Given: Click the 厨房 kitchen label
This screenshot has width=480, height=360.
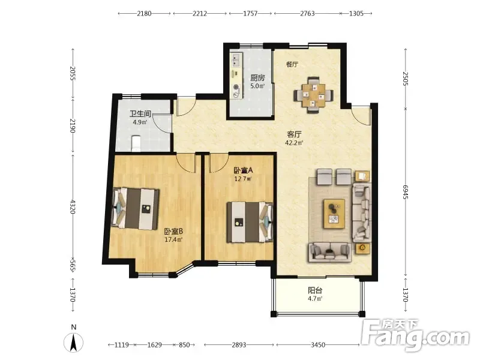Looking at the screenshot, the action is click(x=257, y=78).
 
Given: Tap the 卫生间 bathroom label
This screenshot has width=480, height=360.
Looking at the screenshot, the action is click(x=140, y=114).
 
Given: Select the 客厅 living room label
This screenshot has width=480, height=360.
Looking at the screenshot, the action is click(x=294, y=134).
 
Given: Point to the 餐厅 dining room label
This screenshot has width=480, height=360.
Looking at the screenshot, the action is click(x=292, y=64).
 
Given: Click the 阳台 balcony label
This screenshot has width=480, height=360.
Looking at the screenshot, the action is click(x=315, y=290).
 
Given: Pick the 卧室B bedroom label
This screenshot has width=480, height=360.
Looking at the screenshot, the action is click(x=173, y=232).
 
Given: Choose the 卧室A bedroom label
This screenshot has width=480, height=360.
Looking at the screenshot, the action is click(x=243, y=170).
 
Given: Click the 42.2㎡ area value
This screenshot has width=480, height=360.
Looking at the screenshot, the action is click(x=294, y=143).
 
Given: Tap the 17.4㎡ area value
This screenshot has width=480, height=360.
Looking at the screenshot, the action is click(x=173, y=239).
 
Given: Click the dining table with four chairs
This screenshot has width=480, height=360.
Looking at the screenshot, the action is click(x=313, y=95).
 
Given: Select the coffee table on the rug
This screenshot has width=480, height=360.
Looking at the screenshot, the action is click(x=334, y=214).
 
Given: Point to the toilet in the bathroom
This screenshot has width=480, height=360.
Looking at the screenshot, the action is click(x=136, y=143).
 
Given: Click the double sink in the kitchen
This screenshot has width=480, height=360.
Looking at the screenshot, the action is click(x=236, y=60).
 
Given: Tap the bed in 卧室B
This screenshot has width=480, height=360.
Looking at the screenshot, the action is click(x=136, y=209).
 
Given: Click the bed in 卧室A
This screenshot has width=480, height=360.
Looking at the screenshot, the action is click(x=250, y=222).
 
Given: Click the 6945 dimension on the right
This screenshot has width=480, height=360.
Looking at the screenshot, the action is click(x=406, y=192).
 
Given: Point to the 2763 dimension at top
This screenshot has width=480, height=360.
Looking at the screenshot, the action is click(x=307, y=13).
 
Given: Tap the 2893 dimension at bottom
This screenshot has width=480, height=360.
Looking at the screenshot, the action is click(x=239, y=345).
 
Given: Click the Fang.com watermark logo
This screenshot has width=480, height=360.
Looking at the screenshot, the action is click(x=415, y=336).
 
